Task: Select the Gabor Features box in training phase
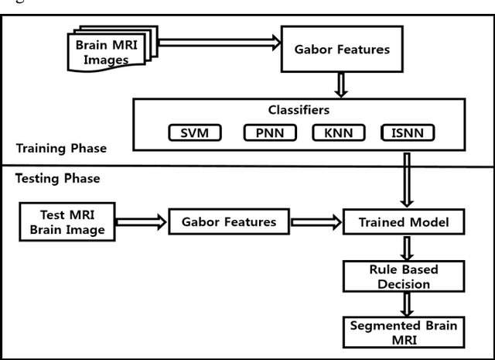coord(342,49)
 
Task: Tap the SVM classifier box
coord(194,133)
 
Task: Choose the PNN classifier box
coord(270,133)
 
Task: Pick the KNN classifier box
coord(338,133)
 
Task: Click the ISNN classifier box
coord(408,133)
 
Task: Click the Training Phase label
coord(61,147)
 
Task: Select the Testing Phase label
coord(58,178)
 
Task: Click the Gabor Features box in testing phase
coord(228,222)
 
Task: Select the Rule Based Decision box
coord(403,276)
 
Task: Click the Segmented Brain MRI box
coord(403,331)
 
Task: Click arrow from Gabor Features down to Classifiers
coord(342,84)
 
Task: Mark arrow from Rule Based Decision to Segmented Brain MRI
coord(403,303)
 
